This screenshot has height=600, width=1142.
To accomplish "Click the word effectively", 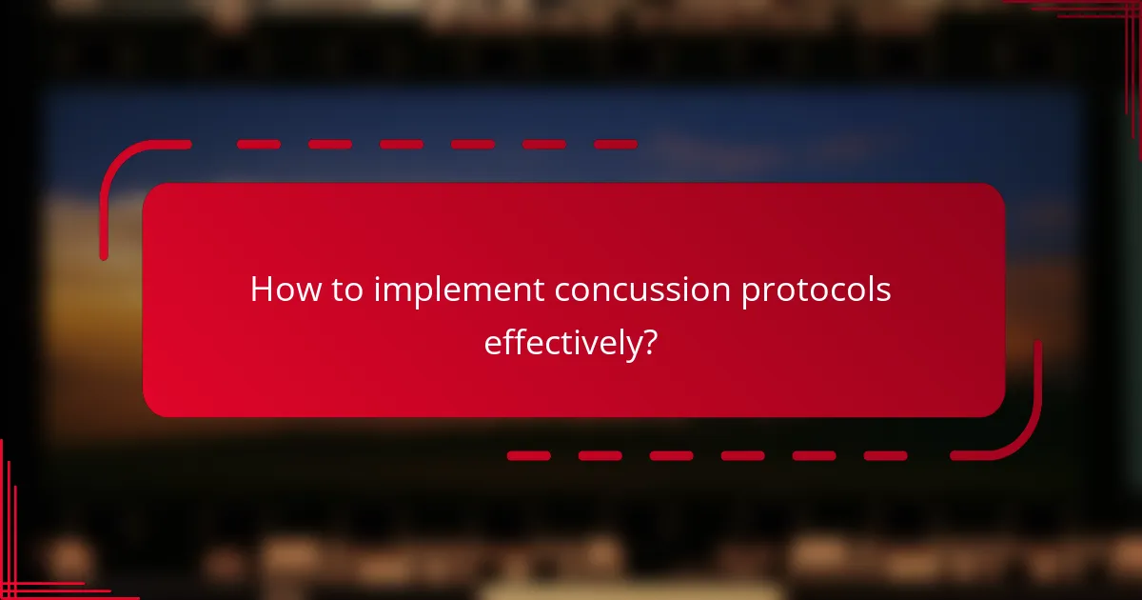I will [559, 342].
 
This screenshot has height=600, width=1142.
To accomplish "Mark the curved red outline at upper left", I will [119, 171].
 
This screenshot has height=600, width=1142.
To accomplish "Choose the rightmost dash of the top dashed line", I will [615, 145].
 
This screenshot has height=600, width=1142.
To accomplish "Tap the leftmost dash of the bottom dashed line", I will [528, 456].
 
